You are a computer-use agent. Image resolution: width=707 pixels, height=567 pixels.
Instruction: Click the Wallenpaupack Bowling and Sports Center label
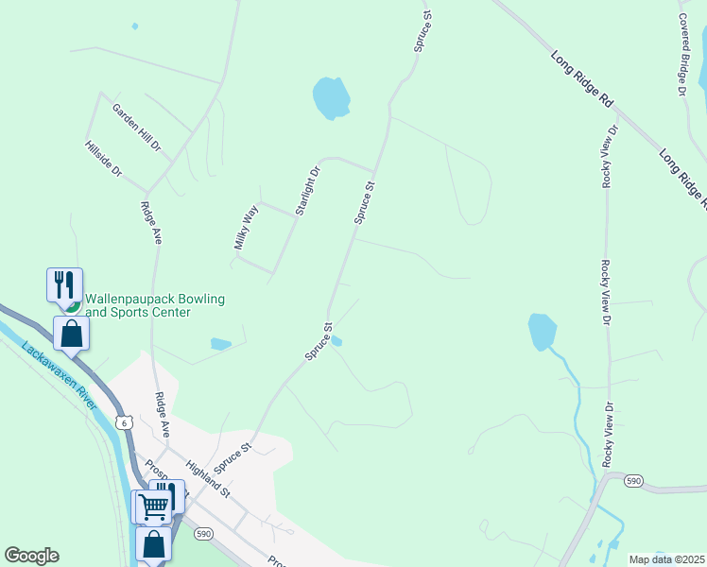155,305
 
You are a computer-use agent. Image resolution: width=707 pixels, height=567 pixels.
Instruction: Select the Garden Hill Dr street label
137,129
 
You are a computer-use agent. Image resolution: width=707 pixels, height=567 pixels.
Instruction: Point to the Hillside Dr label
104,159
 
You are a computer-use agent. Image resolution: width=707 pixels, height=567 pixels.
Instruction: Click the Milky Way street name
246,228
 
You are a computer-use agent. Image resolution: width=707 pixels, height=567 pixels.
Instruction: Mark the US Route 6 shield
123,422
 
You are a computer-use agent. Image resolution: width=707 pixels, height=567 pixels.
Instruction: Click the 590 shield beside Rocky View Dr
633,481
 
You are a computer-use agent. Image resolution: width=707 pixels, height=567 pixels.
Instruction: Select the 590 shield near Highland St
203,534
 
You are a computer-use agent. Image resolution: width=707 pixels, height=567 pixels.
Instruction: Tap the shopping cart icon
152,507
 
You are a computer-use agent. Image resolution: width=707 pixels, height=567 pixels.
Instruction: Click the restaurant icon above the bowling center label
64,283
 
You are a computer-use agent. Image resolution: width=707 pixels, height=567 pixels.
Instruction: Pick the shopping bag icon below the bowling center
71,333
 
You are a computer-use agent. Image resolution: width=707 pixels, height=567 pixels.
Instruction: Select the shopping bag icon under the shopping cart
154,544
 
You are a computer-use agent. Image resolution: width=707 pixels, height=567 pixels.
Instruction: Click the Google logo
31,556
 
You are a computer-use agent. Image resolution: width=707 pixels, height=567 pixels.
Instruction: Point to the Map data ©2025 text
666,559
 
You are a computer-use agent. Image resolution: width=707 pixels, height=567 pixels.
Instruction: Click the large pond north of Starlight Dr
331,97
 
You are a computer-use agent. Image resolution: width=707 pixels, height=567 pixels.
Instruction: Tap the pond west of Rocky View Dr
542,331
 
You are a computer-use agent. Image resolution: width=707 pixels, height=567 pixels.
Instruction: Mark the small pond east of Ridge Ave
220,344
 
